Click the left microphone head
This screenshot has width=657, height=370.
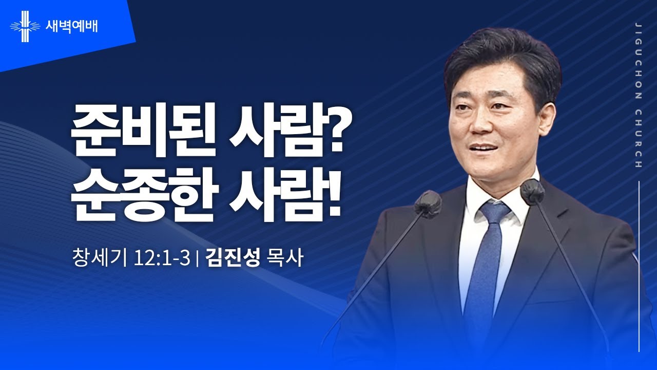point(428,202)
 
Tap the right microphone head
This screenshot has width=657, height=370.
point(532,192)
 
